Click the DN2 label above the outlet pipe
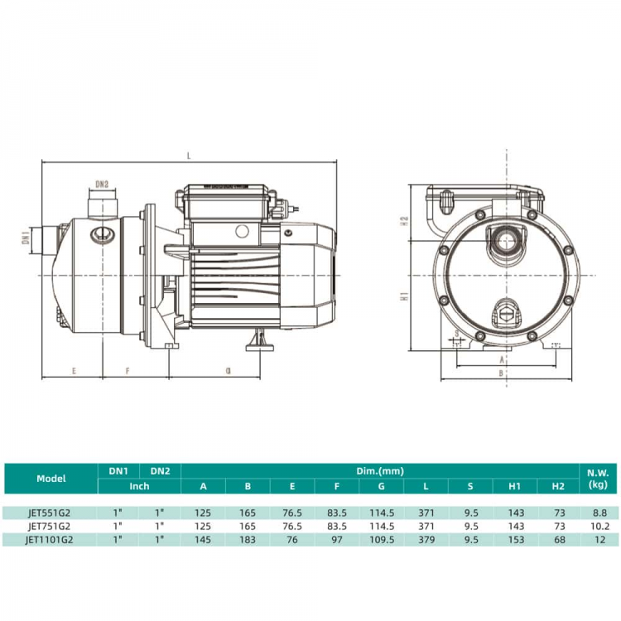click(102, 184)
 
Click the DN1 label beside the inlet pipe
click(26, 238)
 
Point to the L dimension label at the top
click(189, 156)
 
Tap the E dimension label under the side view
click(74, 371)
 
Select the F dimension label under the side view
click(128, 371)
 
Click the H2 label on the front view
click(404, 221)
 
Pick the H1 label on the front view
click(404, 296)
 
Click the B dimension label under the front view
click(501, 373)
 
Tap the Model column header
click(51, 479)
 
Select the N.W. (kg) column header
click(598, 479)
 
